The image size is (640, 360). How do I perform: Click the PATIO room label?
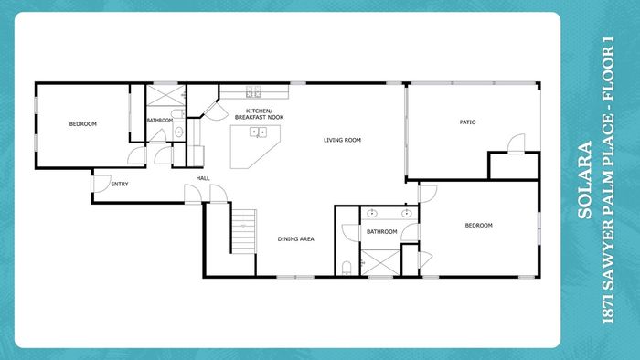(x=467, y=122)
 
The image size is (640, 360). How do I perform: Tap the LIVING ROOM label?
(x=342, y=140)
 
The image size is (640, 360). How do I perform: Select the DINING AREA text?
(x=296, y=238)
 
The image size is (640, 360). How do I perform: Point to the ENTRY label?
(x=120, y=185)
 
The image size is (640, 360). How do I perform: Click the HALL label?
(x=203, y=178)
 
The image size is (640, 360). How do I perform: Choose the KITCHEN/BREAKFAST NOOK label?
(x=259, y=114)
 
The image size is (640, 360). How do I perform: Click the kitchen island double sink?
(x=258, y=132)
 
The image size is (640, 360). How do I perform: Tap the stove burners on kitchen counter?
(x=253, y=91)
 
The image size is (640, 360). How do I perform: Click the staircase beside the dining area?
(x=244, y=231)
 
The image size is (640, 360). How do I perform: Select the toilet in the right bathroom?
(x=347, y=268)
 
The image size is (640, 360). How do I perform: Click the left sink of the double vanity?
(x=372, y=213)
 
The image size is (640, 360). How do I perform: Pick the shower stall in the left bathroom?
(x=165, y=95)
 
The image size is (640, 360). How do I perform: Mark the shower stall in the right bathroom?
(x=380, y=262)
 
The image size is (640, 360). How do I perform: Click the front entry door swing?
(x=101, y=184)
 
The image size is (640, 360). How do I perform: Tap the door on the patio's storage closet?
(x=516, y=143)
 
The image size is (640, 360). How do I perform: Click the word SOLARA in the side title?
(x=585, y=180)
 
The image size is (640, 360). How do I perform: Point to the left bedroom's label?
(x=83, y=124)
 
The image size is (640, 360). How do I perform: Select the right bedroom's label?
(x=479, y=225)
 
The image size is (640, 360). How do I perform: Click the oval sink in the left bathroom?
(x=179, y=132)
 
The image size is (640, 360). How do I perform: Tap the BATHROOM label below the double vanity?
(x=381, y=231)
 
